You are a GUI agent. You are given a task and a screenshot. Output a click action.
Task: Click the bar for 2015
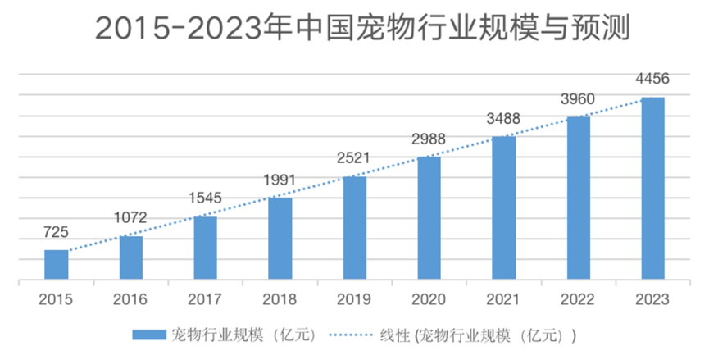tap(57, 265)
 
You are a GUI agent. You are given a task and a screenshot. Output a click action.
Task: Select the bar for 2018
tap(280, 239)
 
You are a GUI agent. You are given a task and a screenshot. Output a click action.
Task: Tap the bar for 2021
tap(503, 208)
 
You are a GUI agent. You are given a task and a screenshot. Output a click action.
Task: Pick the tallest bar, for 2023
tap(652, 189)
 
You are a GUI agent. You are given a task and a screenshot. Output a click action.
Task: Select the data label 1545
tap(205, 198)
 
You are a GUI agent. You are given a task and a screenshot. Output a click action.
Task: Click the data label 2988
tap(429, 137)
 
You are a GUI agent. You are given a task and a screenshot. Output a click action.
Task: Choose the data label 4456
tap(652, 80)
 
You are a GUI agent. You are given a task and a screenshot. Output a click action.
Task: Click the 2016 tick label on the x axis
tap(131, 299)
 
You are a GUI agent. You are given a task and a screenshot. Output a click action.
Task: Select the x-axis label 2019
tap(355, 299)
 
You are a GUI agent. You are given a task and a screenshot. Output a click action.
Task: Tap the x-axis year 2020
tap(429, 299)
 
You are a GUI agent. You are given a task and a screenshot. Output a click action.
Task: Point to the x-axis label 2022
tap(579, 299)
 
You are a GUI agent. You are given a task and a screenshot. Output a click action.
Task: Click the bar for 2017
tap(206, 248)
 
